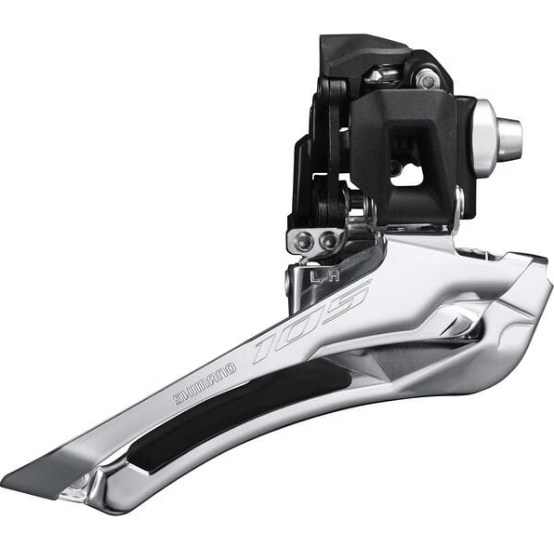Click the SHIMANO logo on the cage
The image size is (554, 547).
click(x=205, y=383)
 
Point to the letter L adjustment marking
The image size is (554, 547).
click(x=315, y=275)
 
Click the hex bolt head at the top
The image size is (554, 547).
click(x=426, y=80)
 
